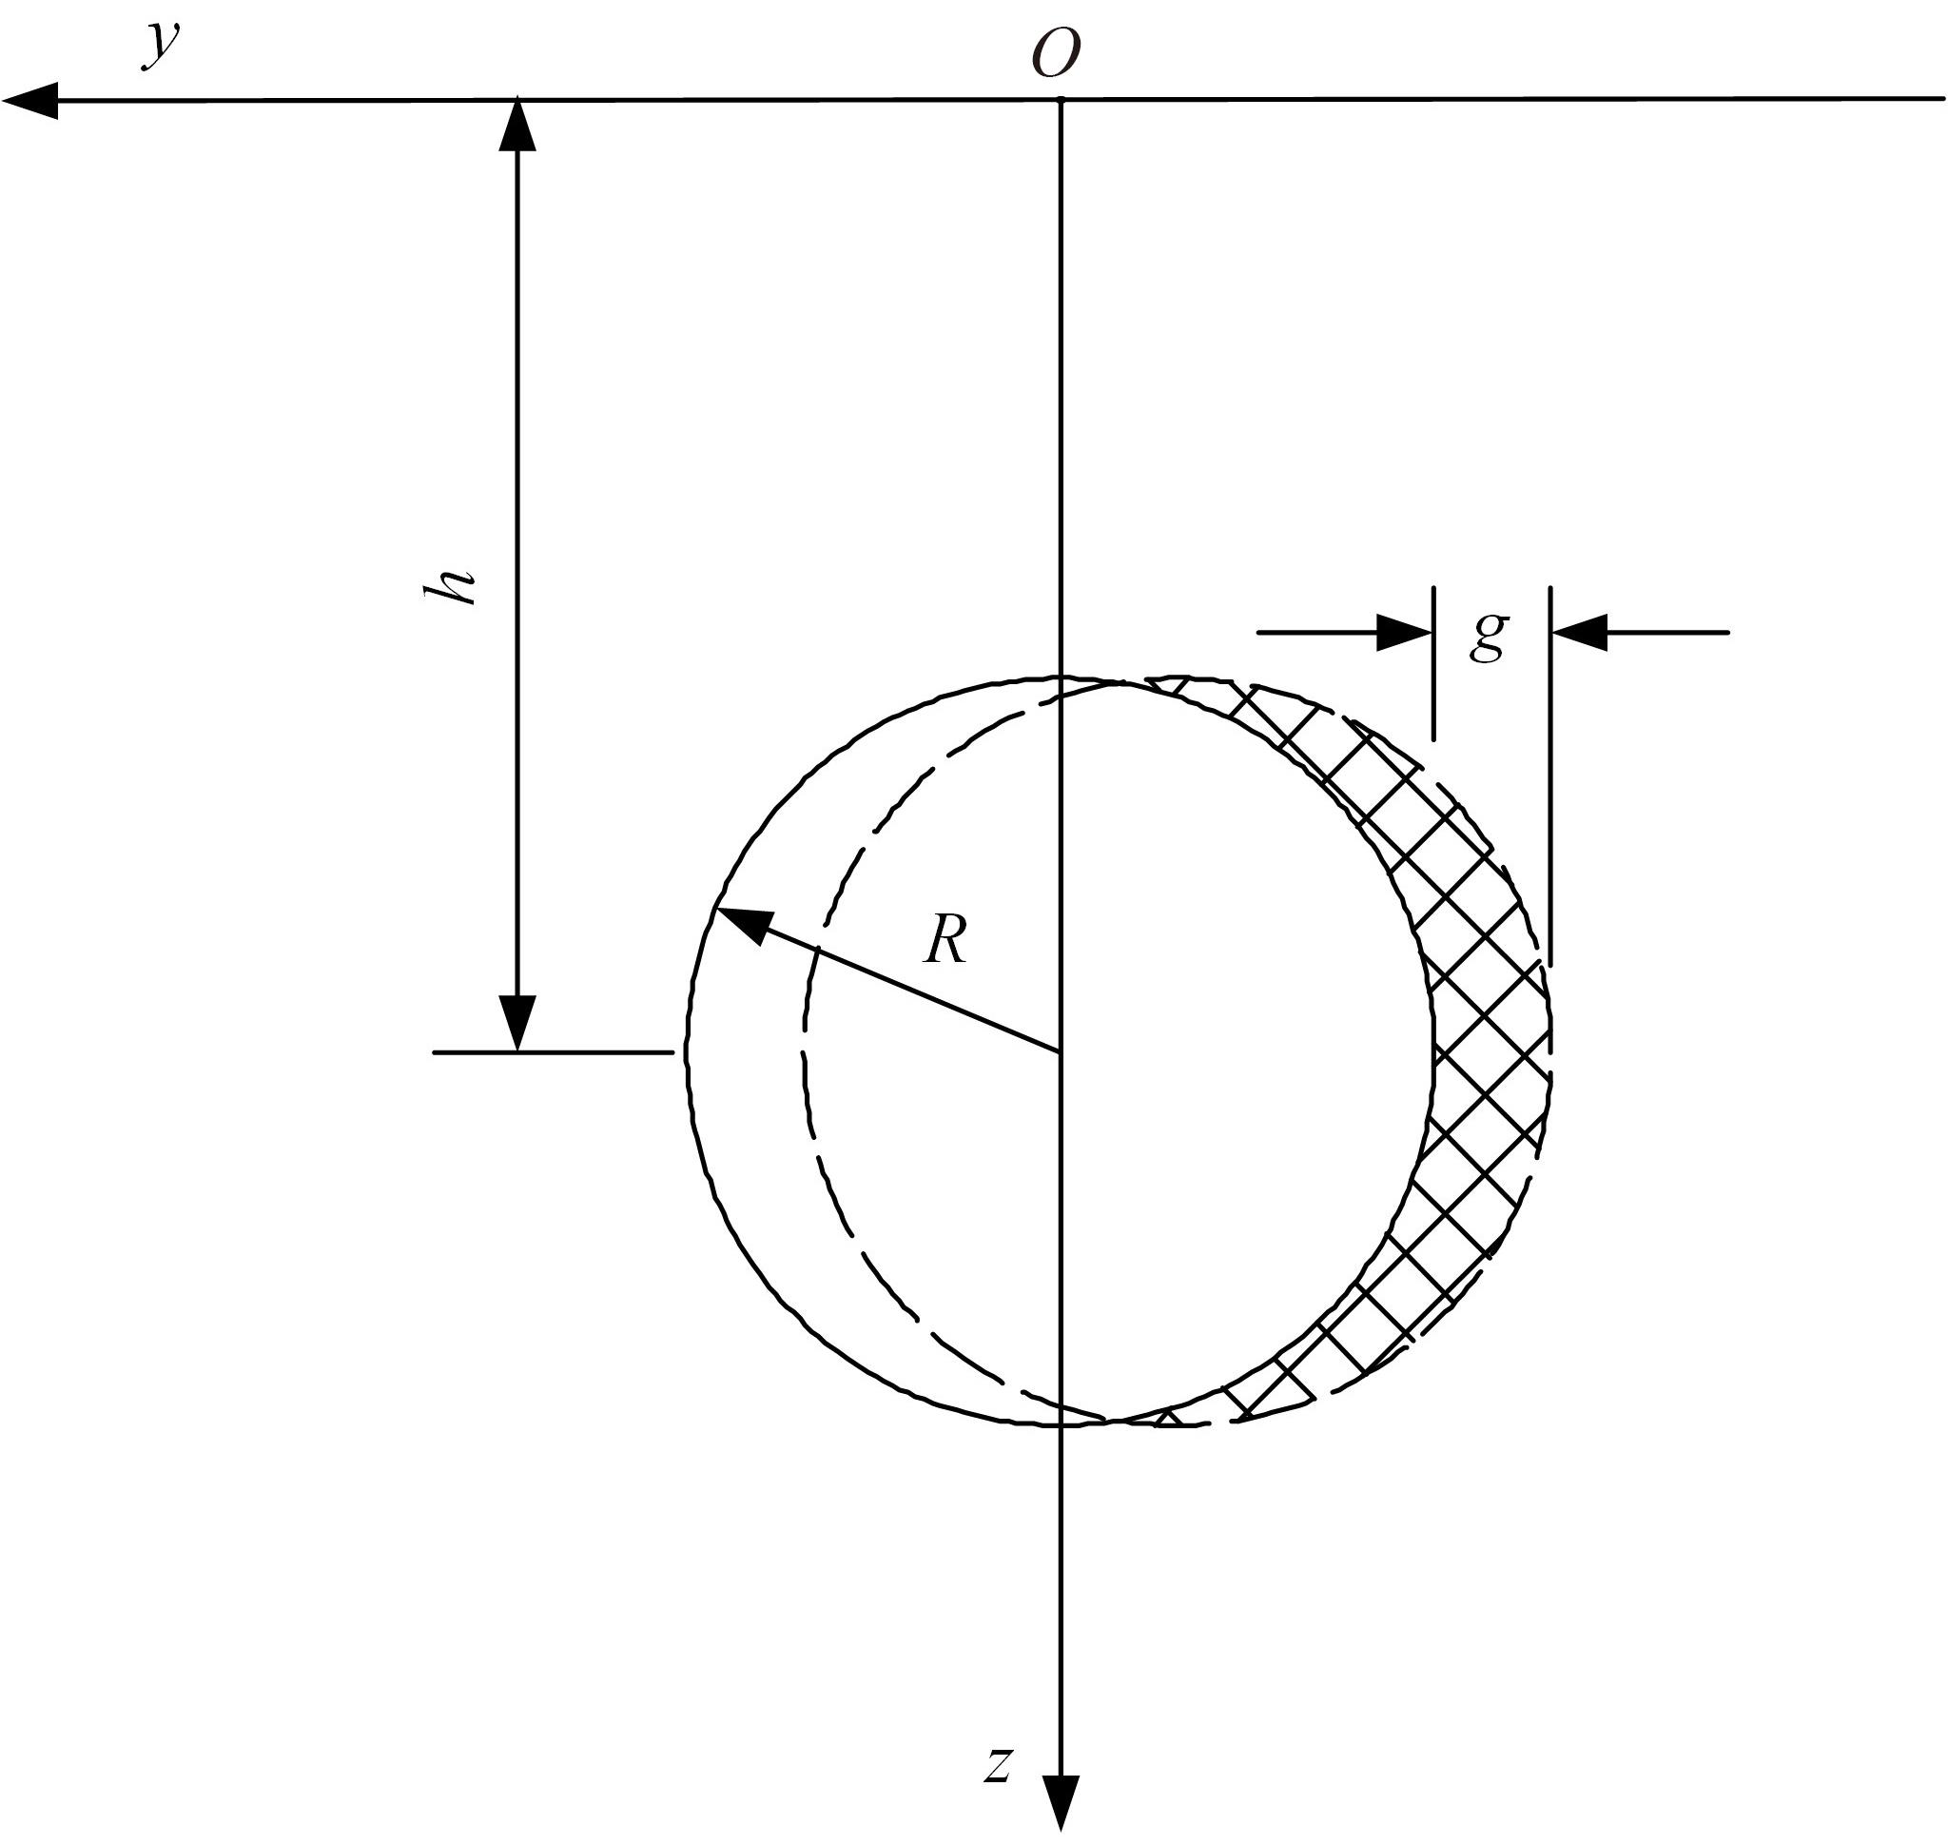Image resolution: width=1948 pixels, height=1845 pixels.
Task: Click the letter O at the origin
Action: coord(1056,53)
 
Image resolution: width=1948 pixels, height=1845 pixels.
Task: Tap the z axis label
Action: coord(998,1763)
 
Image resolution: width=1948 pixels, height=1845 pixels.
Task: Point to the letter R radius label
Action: coord(946,941)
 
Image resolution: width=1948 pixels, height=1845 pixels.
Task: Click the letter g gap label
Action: coord(1489,637)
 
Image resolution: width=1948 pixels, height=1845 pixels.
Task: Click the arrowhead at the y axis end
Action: coord(29,100)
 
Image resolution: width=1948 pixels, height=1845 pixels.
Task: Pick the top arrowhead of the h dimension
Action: coord(518,125)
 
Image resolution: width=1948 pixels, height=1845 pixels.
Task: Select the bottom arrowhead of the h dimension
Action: coord(518,1024)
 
